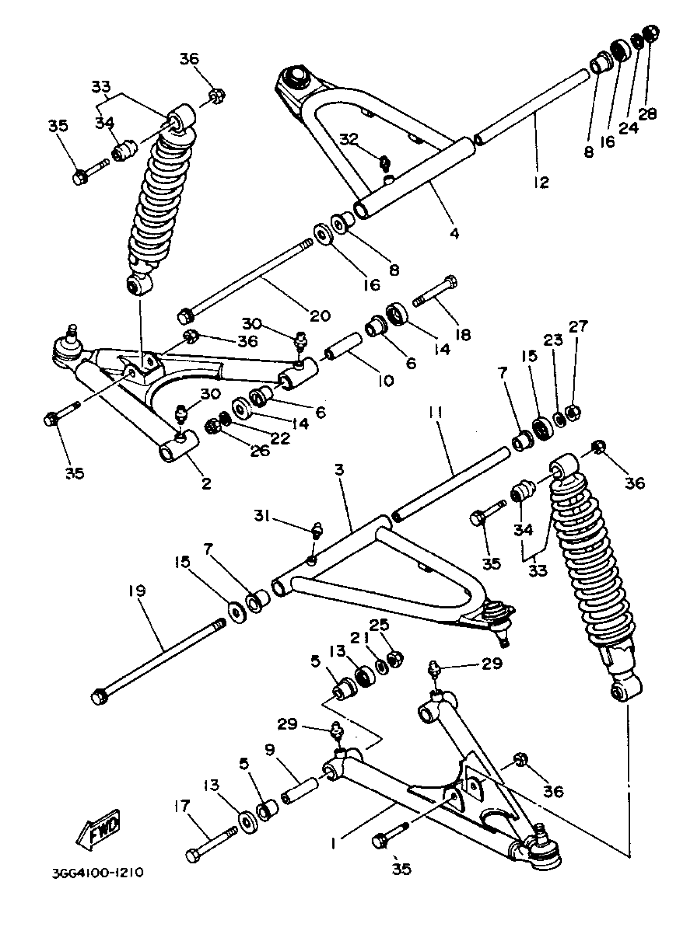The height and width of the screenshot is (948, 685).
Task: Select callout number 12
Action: pyautogui.click(x=541, y=182)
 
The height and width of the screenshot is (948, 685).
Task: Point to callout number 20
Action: pyautogui.click(x=320, y=315)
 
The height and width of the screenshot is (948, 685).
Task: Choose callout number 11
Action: pyautogui.click(x=436, y=413)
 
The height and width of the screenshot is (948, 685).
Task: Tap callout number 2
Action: pyautogui.click(x=206, y=484)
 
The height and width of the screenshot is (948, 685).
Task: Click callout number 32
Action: pyautogui.click(x=349, y=139)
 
